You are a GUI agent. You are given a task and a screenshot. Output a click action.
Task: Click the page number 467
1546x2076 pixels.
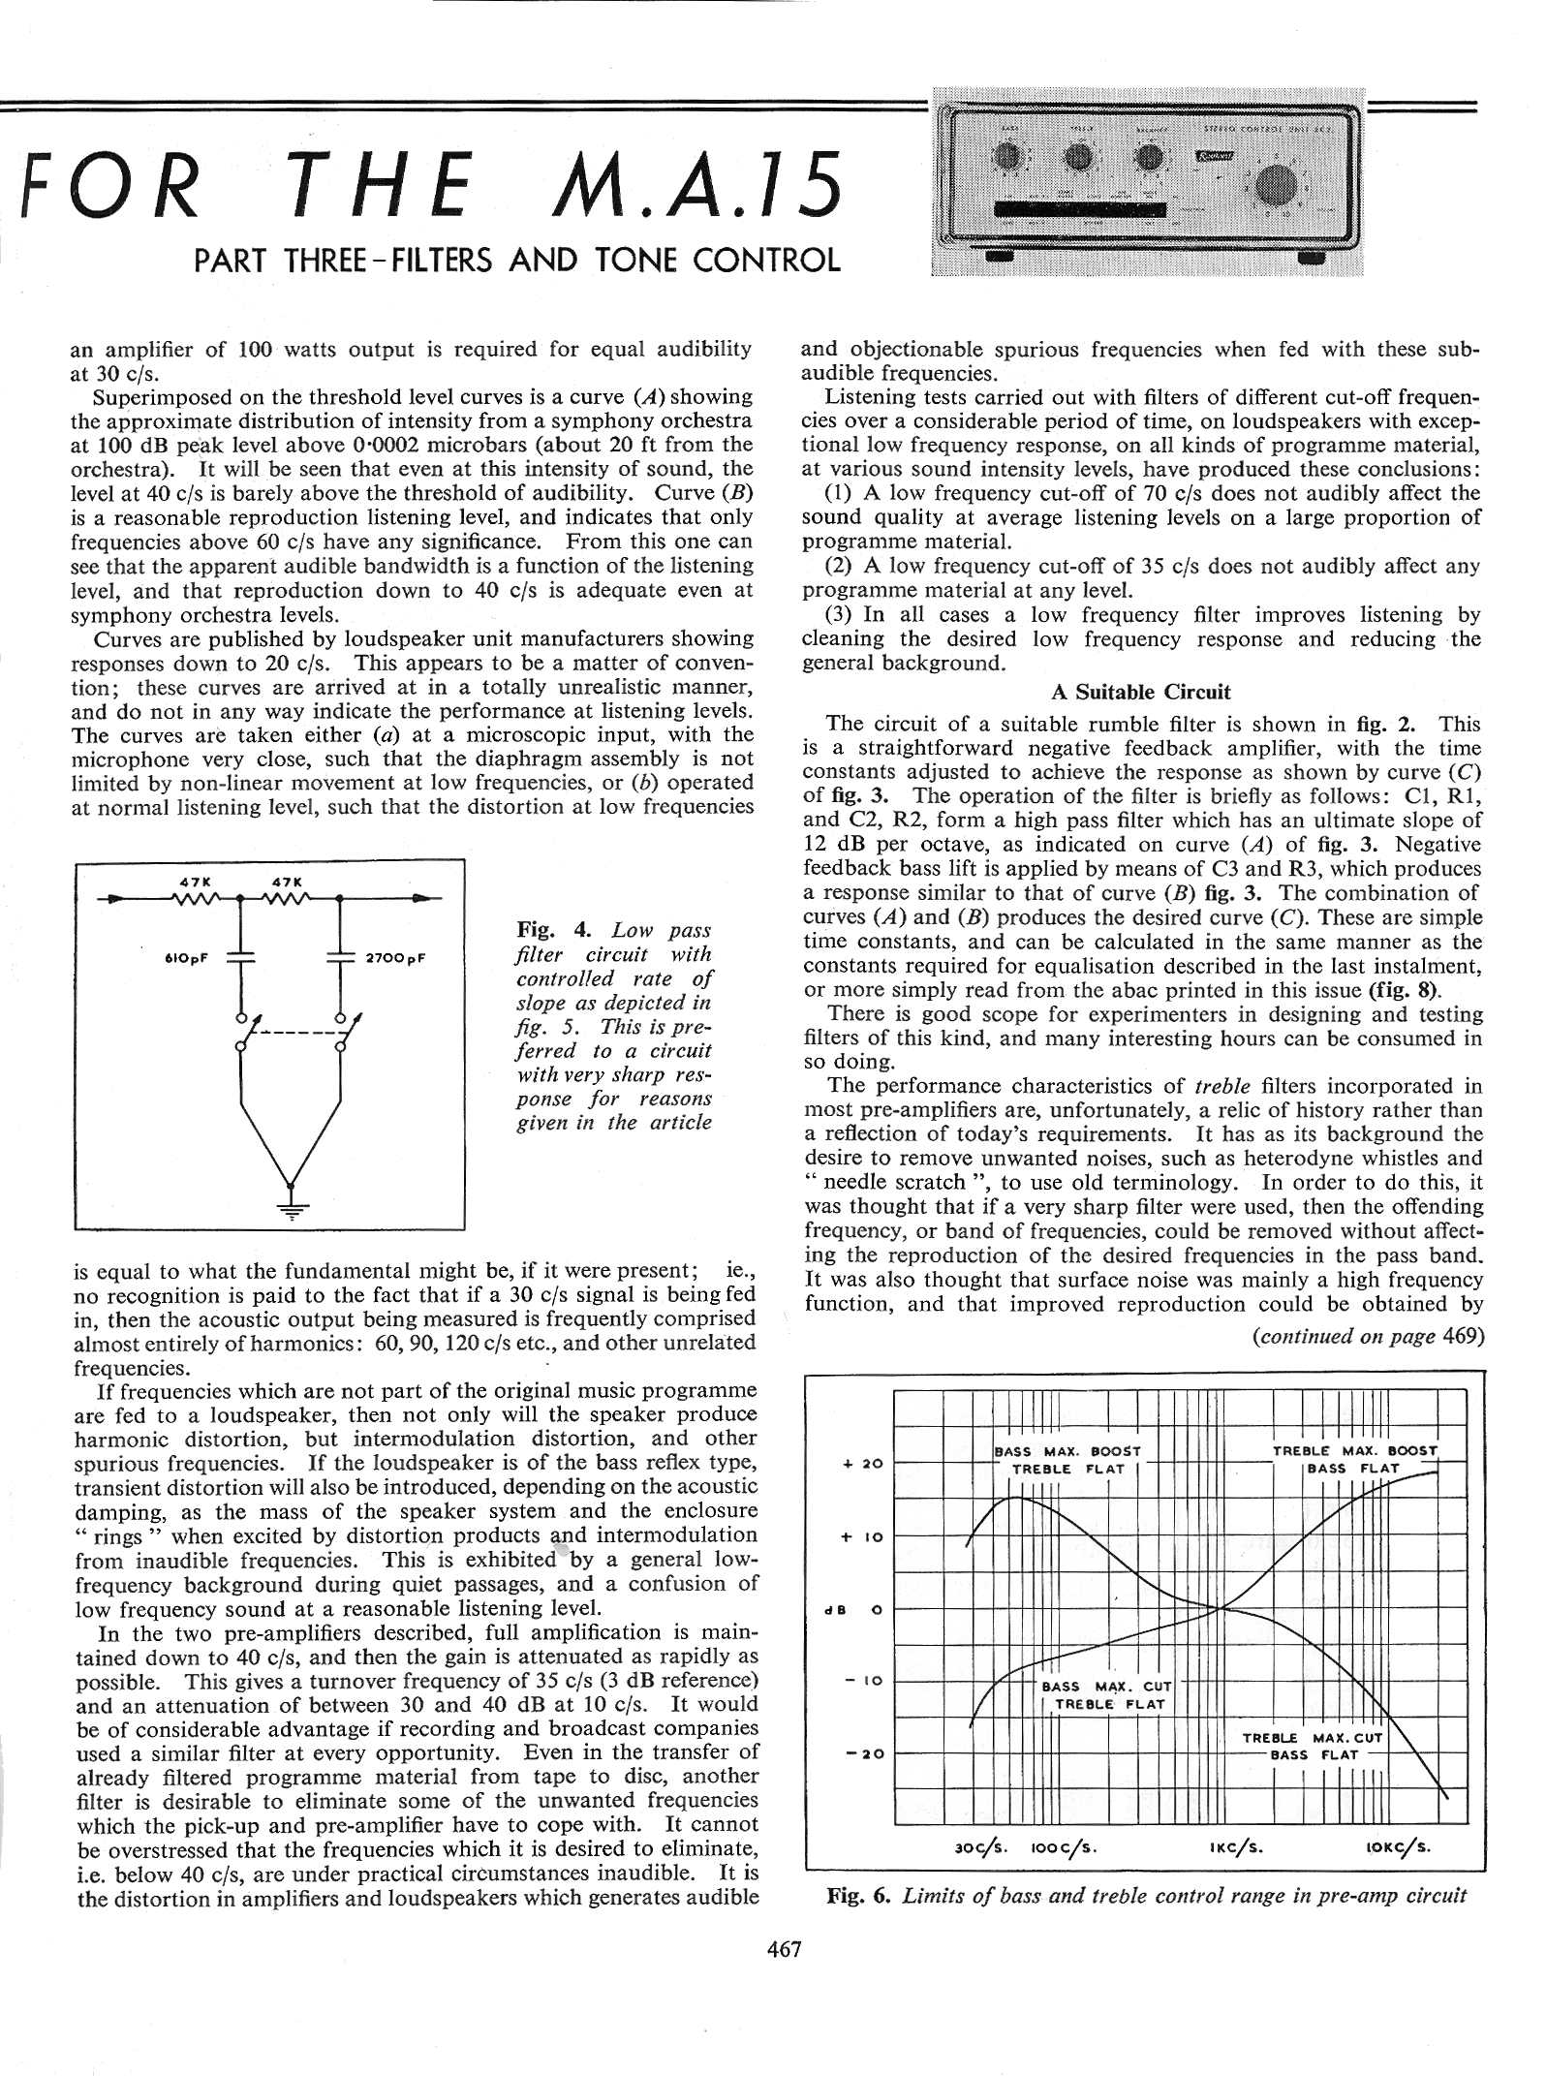[x=784, y=1949]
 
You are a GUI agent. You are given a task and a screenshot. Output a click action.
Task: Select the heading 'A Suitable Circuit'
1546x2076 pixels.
[x=1140, y=692]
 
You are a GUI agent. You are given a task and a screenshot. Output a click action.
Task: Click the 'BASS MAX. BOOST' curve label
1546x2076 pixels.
[x=1067, y=1451]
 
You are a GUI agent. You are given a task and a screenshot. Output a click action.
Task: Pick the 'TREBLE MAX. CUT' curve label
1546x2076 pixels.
[x=1312, y=1738]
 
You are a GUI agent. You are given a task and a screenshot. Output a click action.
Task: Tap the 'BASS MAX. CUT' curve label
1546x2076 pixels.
[x=1106, y=1687]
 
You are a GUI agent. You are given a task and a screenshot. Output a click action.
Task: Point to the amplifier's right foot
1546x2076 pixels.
[x=1312, y=259]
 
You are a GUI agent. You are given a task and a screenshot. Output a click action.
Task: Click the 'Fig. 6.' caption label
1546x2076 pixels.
[x=857, y=1896]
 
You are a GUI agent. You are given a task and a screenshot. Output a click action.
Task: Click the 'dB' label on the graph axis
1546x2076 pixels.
[x=831, y=1611]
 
